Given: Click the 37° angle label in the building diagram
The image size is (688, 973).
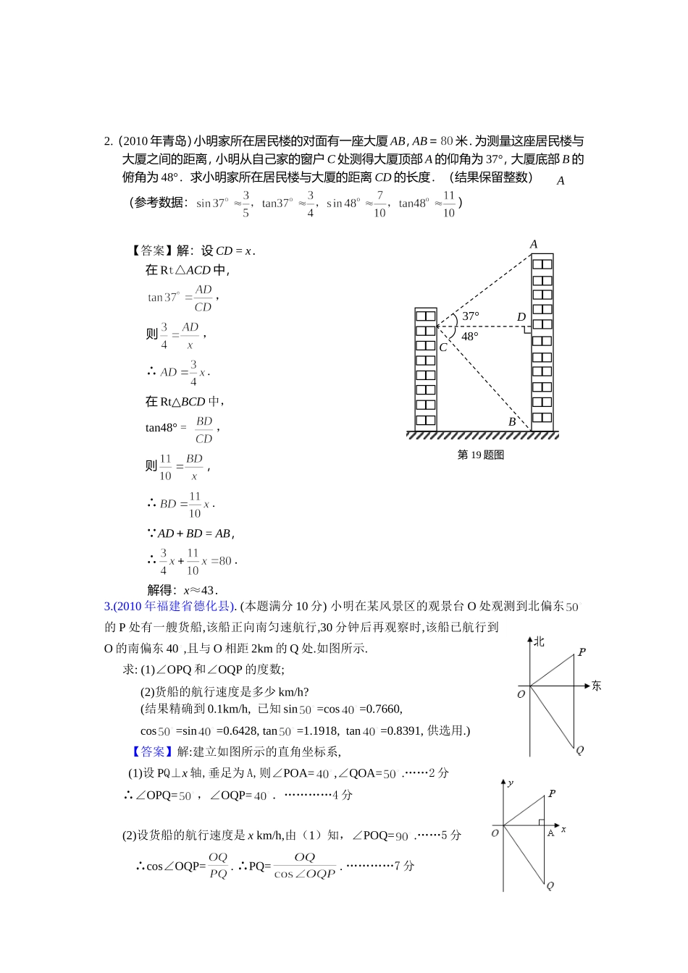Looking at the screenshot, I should (471, 316).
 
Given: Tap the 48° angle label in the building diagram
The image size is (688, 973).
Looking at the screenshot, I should (470, 336).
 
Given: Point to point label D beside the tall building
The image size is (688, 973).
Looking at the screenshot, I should (521, 317).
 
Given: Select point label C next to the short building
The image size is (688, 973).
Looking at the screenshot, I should (443, 347).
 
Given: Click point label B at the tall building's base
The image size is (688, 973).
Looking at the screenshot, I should (512, 422).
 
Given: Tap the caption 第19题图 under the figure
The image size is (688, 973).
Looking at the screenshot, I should (481, 455).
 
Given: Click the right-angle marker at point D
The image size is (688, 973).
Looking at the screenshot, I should (527, 330).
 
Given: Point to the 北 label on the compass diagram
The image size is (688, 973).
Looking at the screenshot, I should (539, 641).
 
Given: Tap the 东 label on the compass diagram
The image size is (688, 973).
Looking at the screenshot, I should (596, 686).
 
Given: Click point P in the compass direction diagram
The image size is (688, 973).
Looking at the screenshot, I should (581, 652).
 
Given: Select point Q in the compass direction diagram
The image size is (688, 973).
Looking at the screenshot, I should (579, 750).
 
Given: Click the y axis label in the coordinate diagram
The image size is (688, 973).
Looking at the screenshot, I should (511, 783).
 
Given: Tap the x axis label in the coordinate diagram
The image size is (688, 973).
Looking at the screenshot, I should (563, 829).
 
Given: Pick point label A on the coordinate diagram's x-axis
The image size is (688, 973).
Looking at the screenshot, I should (550, 833).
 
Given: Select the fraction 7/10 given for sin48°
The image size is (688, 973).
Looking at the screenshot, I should (379, 204).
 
